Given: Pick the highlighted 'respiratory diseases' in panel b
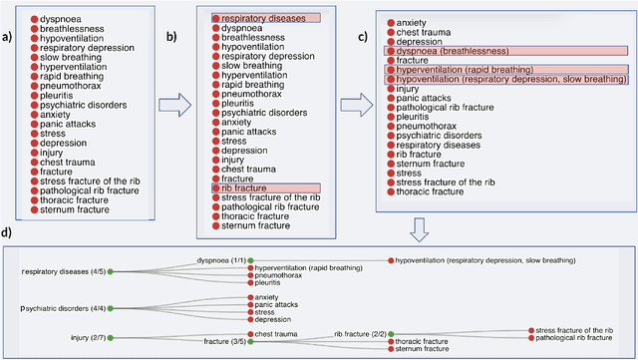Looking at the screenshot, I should (265, 18).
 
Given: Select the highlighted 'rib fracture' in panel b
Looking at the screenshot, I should (242, 187).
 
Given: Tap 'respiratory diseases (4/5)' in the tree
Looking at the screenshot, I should (64, 270).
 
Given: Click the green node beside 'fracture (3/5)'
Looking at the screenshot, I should (249, 342).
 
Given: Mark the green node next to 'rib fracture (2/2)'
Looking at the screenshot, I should (391, 334).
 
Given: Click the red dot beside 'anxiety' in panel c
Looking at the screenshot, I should (390, 22).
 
